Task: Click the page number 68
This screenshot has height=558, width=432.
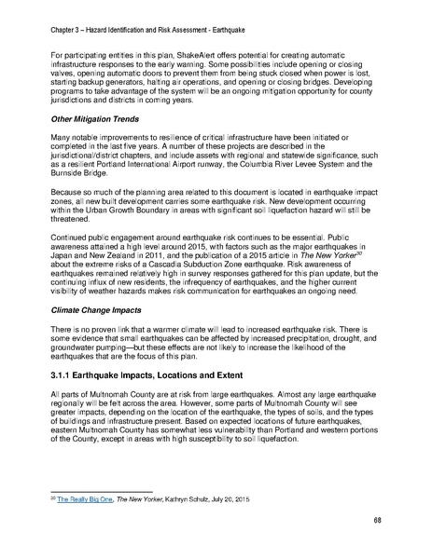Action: [x=375, y=519]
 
